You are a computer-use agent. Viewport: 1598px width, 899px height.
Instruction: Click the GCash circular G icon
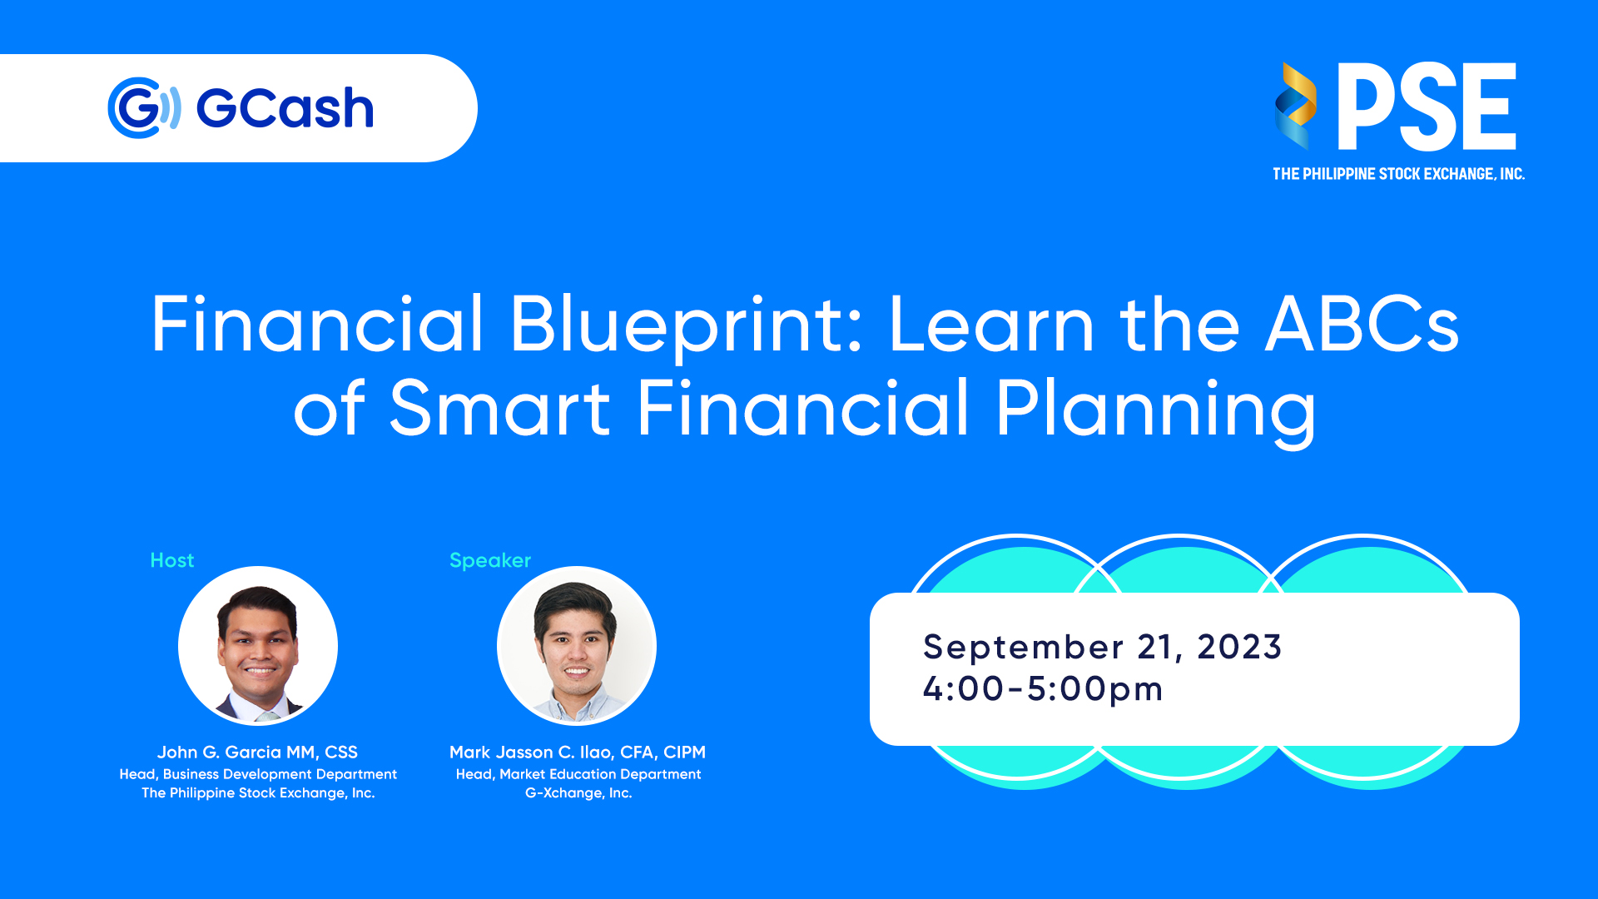[144, 108]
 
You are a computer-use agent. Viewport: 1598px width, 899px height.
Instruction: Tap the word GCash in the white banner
[285, 109]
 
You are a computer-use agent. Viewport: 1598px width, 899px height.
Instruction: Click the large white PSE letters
[1427, 107]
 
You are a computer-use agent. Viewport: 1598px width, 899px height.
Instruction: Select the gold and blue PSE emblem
[1295, 106]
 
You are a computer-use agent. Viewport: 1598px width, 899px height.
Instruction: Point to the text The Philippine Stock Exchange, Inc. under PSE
[1398, 174]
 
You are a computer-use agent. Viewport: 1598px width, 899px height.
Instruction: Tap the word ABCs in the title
[1362, 324]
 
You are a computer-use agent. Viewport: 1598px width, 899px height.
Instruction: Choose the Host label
[172, 560]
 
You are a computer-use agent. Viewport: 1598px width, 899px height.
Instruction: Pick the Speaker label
[490, 561]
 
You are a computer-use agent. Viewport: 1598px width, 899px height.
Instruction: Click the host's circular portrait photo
[258, 646]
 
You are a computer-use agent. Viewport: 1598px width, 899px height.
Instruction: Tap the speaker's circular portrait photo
[577, 646]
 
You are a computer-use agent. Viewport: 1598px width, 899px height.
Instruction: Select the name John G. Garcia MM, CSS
[257, 752]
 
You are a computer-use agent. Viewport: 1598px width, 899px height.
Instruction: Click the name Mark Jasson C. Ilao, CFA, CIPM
[578, 752]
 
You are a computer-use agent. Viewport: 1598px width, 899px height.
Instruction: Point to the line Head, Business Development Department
[258, 774]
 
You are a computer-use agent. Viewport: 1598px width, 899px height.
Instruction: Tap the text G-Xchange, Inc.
[578, 793]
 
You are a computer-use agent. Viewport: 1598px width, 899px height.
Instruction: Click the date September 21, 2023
[1103, 648]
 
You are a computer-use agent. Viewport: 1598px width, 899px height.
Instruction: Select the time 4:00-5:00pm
[1043, 689]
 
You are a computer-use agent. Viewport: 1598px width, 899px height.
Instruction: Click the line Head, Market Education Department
[578, 774]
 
